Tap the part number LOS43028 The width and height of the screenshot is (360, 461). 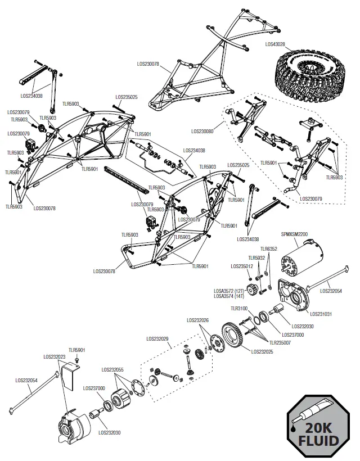(x=276, y=43)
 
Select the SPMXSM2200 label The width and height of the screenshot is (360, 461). (x=294, y=234)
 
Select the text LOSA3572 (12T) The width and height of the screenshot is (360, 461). (x=229, y=291)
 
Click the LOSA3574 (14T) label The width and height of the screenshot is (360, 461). (x=229, y=296)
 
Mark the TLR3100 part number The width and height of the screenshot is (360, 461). (x=240, y=308)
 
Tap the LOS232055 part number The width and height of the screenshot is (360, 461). (x=112, y=369)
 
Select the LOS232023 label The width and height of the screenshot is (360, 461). (x=55, y=356)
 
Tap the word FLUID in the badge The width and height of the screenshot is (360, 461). (x=319, y=439)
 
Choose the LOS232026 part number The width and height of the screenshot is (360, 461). (x=197, y=320)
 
